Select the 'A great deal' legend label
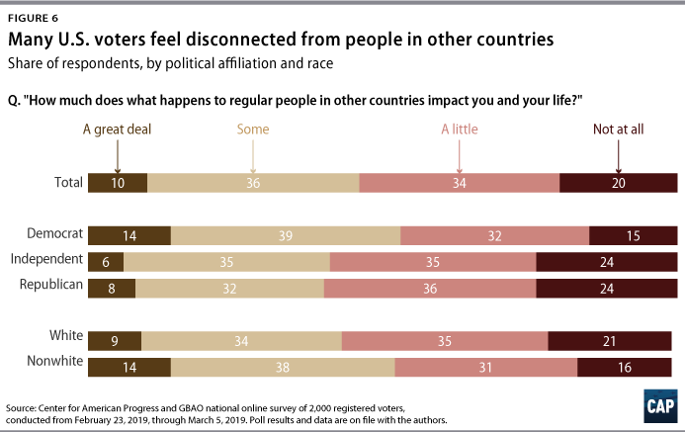[x=118, y=128]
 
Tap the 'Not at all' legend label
[x=618, y=128]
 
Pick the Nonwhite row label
[x=51, y=364]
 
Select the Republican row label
[x=50, y=285]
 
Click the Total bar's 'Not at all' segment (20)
[x=619, y=183]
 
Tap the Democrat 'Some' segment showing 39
[x=286, y=235]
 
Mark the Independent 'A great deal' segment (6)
[x=106, y=261]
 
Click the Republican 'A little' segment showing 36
[x=430, y=288]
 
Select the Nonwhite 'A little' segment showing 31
[x=485, y=367]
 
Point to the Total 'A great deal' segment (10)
[x=118, y=183]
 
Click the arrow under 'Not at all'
[x=618, y=156]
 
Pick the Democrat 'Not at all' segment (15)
[x=634, y=235]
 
